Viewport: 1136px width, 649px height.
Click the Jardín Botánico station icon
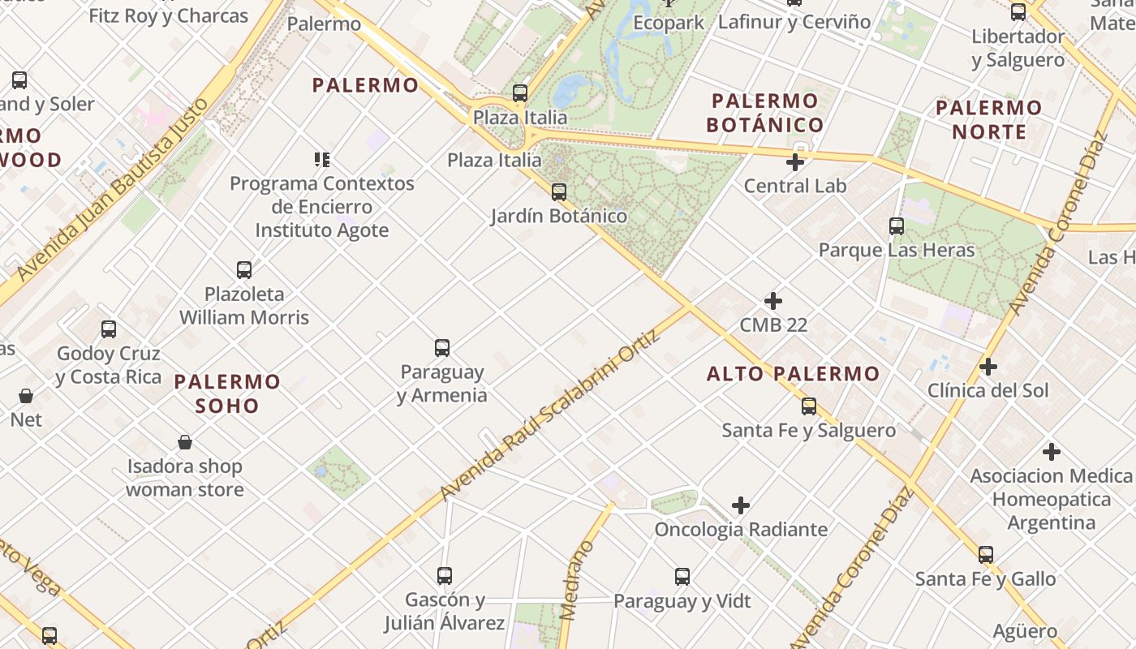point(558,192)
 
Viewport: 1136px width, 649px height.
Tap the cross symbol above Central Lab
point(794,162)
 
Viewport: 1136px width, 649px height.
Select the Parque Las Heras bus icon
point(896,226)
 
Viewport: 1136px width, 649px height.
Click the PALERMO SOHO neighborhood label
point(227,393)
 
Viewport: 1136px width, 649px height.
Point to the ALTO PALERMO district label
point(793,374)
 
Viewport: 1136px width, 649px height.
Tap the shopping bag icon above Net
point(26,396)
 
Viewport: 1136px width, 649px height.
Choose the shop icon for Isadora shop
point(185,442)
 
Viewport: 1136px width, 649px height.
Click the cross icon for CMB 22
point(773,302)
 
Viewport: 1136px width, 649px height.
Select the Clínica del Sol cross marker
point(988,367)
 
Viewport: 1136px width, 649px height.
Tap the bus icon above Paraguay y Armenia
point(441,348)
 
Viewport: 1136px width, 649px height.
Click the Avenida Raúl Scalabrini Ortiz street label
point(550,419)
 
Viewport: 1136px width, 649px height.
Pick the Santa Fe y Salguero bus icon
point(808,406)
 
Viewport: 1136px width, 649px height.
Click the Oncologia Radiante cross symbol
point(740,506)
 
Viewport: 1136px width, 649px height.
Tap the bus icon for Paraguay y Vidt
point(682,577)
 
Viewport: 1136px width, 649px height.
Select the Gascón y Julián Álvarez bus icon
point(444,576)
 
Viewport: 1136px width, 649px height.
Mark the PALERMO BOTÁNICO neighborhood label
point(764,113)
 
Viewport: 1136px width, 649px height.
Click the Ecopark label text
point(669,23)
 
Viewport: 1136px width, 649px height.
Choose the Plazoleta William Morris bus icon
point(243,270)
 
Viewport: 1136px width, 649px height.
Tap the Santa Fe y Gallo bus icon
point(985,555)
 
